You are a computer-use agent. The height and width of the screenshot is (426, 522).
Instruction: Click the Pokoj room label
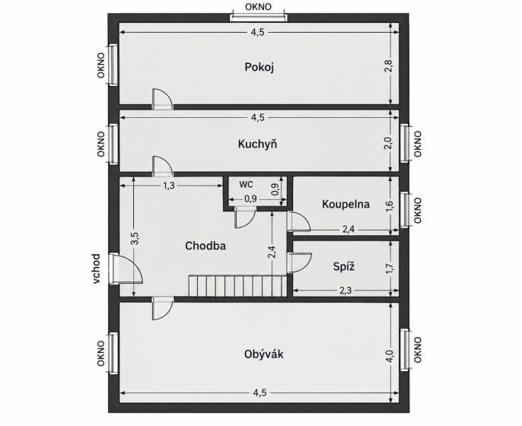(x=259, y=67)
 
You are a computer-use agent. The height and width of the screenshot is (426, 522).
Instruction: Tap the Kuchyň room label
(x=257, y=144)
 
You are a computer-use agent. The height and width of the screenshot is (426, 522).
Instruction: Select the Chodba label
(x=205, y=246)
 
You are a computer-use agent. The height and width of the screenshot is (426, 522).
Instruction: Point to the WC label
(x=246, y=184)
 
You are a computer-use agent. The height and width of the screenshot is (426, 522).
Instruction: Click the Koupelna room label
(x=345, y=204)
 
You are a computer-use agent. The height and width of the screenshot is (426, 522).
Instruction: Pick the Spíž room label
(x=344, y=266)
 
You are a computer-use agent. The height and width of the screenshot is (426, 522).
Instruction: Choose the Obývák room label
(x=263, y=354)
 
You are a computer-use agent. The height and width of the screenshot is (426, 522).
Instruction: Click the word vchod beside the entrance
(x=96, y=269)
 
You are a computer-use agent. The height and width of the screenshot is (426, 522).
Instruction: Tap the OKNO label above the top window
(x=258, y=7)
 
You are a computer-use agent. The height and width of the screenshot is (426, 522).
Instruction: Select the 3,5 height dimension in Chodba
(x=135, y=239)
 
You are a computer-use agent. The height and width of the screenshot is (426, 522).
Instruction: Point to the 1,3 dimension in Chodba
(x=169, y=186)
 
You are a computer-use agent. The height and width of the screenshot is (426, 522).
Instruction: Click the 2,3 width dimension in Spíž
(x=345, y=291)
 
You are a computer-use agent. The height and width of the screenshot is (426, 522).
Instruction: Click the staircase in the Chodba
(x=237, y=285)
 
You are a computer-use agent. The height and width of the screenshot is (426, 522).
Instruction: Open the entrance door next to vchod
(x=126, y=269)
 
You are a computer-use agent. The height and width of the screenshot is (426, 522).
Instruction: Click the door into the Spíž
(x=300, y=263)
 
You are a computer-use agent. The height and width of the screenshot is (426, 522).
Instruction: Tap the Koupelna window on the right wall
(x=405, y=210)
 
